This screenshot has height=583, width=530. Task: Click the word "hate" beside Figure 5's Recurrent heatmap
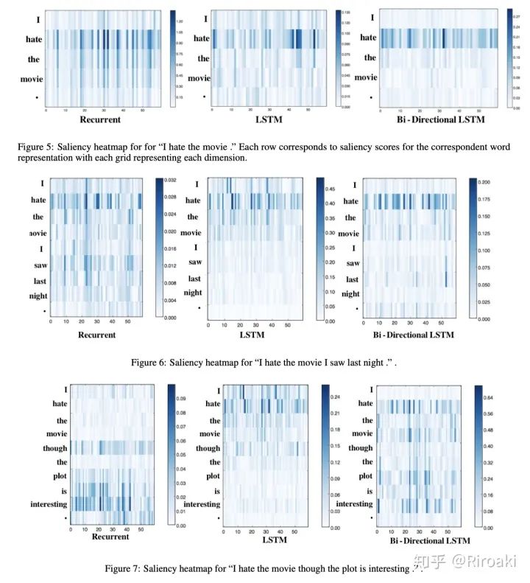coord(33,39)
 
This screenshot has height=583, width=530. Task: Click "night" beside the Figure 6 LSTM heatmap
coord(193,292)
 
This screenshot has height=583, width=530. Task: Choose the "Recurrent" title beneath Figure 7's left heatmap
coord(110,537)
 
